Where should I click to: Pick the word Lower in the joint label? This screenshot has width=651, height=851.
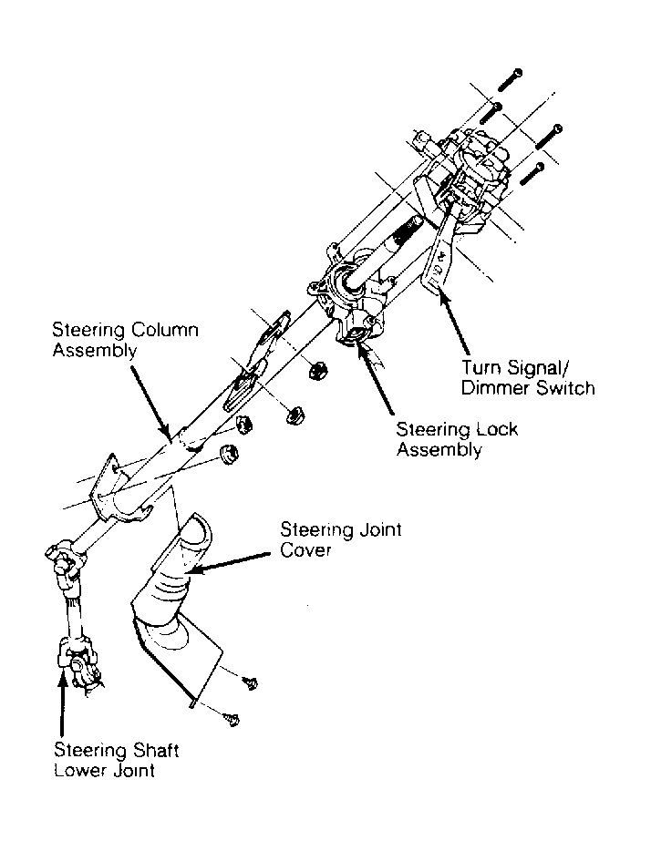77,771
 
